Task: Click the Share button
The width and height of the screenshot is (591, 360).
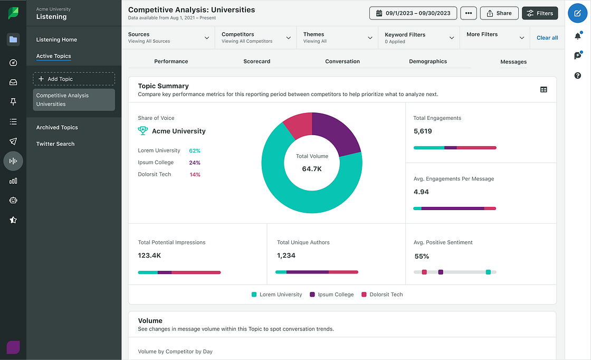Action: point(499,13)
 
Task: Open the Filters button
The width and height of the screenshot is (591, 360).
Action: point(539,13)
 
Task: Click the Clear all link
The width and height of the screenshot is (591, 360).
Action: point(547,38)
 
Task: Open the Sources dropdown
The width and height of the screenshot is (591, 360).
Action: point(168,37)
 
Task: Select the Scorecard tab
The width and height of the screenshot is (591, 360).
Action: point(257,61)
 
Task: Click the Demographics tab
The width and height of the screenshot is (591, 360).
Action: point(428,61)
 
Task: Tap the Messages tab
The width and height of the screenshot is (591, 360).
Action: point(513,62)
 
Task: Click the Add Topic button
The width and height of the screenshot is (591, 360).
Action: point(74,79)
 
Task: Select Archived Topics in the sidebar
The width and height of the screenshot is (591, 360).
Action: point(57,128)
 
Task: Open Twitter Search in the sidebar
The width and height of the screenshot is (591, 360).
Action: point(55,144)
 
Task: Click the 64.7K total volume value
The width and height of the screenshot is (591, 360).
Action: point(312,169)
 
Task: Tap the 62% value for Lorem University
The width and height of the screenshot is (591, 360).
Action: point(195,151)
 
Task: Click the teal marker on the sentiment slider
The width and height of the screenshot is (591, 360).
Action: point(488,272)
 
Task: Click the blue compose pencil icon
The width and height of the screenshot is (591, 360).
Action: point(577,13)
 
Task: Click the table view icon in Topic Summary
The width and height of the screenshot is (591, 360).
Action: point(544,90)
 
